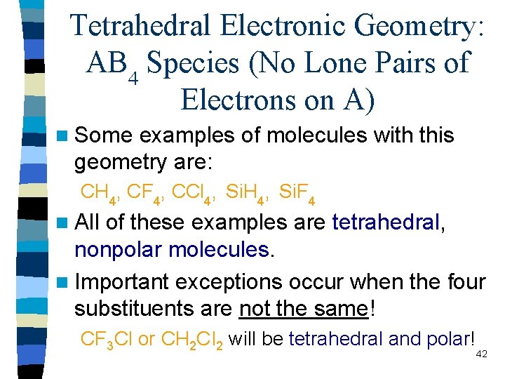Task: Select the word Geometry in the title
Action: pos(421,27)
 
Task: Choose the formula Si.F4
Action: pos(296,192)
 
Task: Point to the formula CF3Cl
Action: pos(107,340)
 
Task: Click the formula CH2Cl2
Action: pos(193,340)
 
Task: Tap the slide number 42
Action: pos(481,356)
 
